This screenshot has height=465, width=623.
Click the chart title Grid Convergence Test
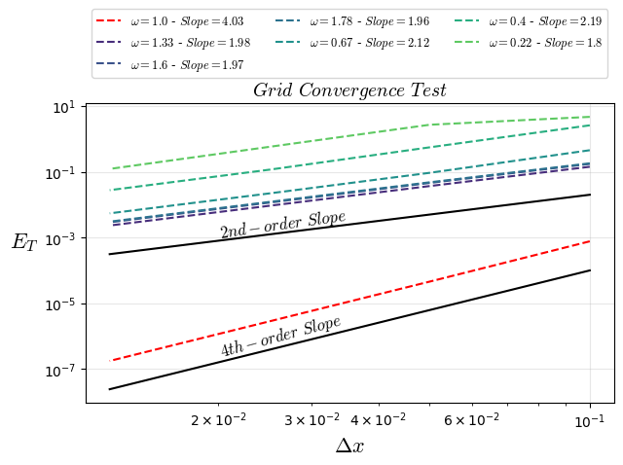[349, 90]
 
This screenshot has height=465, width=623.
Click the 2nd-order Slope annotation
[282, 225]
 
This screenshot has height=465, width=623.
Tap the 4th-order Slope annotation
[280, 337]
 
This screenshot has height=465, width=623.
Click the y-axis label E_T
[24, 242]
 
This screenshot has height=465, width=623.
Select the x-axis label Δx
[349, 446]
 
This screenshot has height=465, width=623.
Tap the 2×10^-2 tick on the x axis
[218, 419]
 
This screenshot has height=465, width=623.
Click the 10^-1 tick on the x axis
[590, 419]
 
